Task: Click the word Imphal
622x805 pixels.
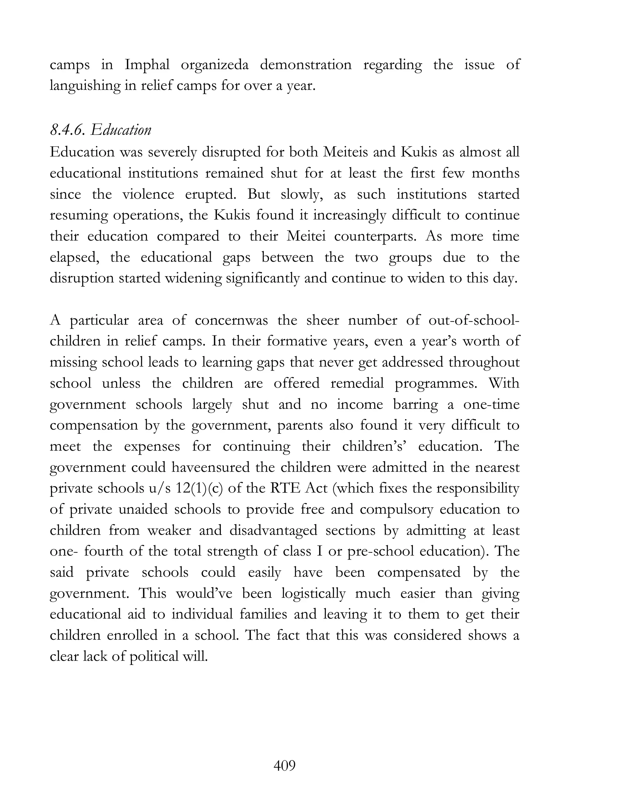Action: [147, 65]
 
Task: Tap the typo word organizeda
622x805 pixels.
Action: [214, 65]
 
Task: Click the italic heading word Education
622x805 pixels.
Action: [121, 130]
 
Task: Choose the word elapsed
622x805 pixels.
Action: [74, 257]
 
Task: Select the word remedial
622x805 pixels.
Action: [357, 383]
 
